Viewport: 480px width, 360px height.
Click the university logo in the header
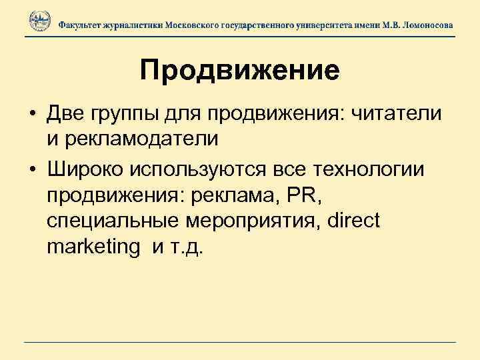(39, 23)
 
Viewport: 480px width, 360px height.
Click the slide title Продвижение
(240, 70)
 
